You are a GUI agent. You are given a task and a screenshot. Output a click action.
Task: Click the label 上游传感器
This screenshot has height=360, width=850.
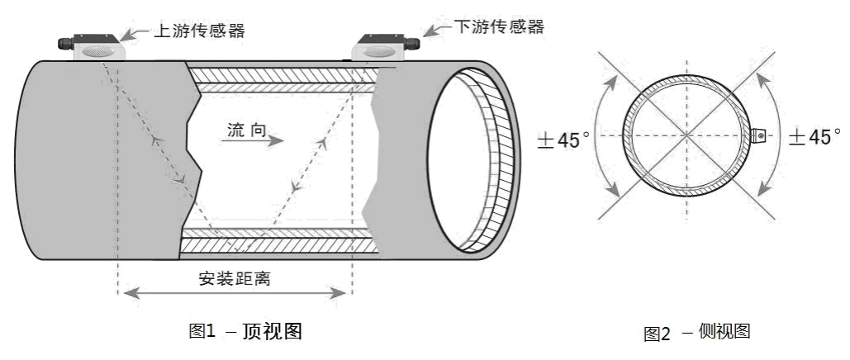tap(200, 31)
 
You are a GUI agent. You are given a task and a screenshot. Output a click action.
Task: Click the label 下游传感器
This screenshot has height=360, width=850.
tap(501, 27)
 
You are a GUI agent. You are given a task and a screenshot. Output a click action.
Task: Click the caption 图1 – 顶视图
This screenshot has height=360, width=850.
tap(245, 332)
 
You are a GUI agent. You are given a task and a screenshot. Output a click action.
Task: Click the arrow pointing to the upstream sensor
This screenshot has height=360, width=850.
tap(135, 35)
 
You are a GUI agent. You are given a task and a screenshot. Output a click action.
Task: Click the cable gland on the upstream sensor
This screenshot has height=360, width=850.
tap(62, 40)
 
